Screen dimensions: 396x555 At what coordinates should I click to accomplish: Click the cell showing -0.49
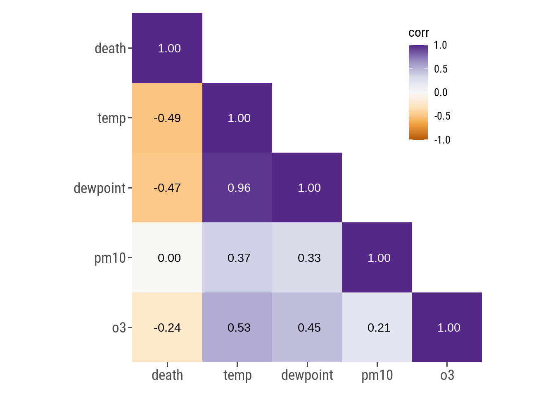pyautogui.click(x=167, y=118)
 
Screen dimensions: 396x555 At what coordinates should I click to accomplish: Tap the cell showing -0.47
pyautogui.click(x=167, y=188)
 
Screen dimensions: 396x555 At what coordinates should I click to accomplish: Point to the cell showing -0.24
pyautogui.click(x=167, y=328)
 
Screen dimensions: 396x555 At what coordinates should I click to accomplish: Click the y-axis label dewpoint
pyautogui.click(x=100, y=188)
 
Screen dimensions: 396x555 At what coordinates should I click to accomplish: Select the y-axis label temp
pyautogui.click(x=111, y=118)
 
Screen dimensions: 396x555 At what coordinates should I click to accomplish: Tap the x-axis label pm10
pyautogui.click(x=377, y=375)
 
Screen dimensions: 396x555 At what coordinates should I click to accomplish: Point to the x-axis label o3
pyautogui.click(x=447, y=375)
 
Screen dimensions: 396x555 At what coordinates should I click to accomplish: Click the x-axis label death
pyautogui.click(x=167, y=375)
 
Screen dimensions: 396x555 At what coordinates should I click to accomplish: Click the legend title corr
pyautogui.click(x=419, y=33)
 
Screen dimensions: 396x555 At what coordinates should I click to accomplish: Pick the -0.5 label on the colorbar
pyautogui.click(x=442, y=116)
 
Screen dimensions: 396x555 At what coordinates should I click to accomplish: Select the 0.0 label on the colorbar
pyautogui.click(x=441, y=92)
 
